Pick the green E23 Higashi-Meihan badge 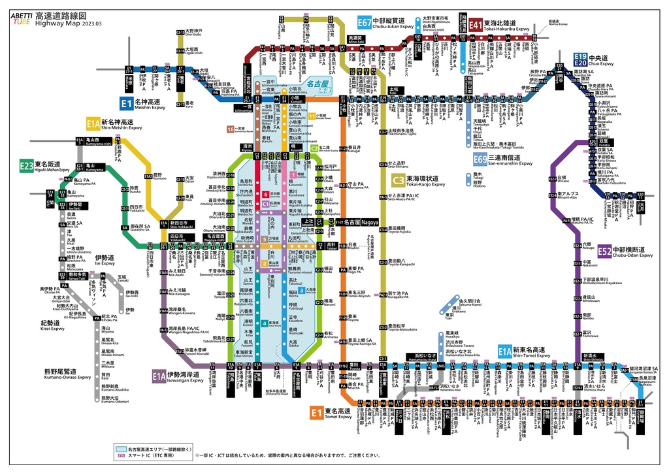(x=26, y=166)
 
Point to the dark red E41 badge (x=475, y=25)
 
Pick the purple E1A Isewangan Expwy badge (x=159, y=376)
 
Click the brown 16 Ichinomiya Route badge (x=230, y=129)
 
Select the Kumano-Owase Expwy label (x=63, y=377)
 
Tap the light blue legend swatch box (x=120, y=449)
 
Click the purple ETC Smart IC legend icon (x=121, y=456)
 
